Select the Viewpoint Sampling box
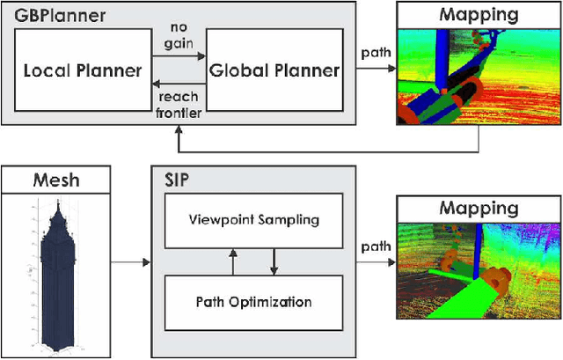click(252, 218)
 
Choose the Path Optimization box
click(252, 302)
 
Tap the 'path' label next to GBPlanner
click(376, 51)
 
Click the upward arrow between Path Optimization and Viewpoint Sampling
click(232, 260)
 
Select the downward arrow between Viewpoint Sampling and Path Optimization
click(274, 260)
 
